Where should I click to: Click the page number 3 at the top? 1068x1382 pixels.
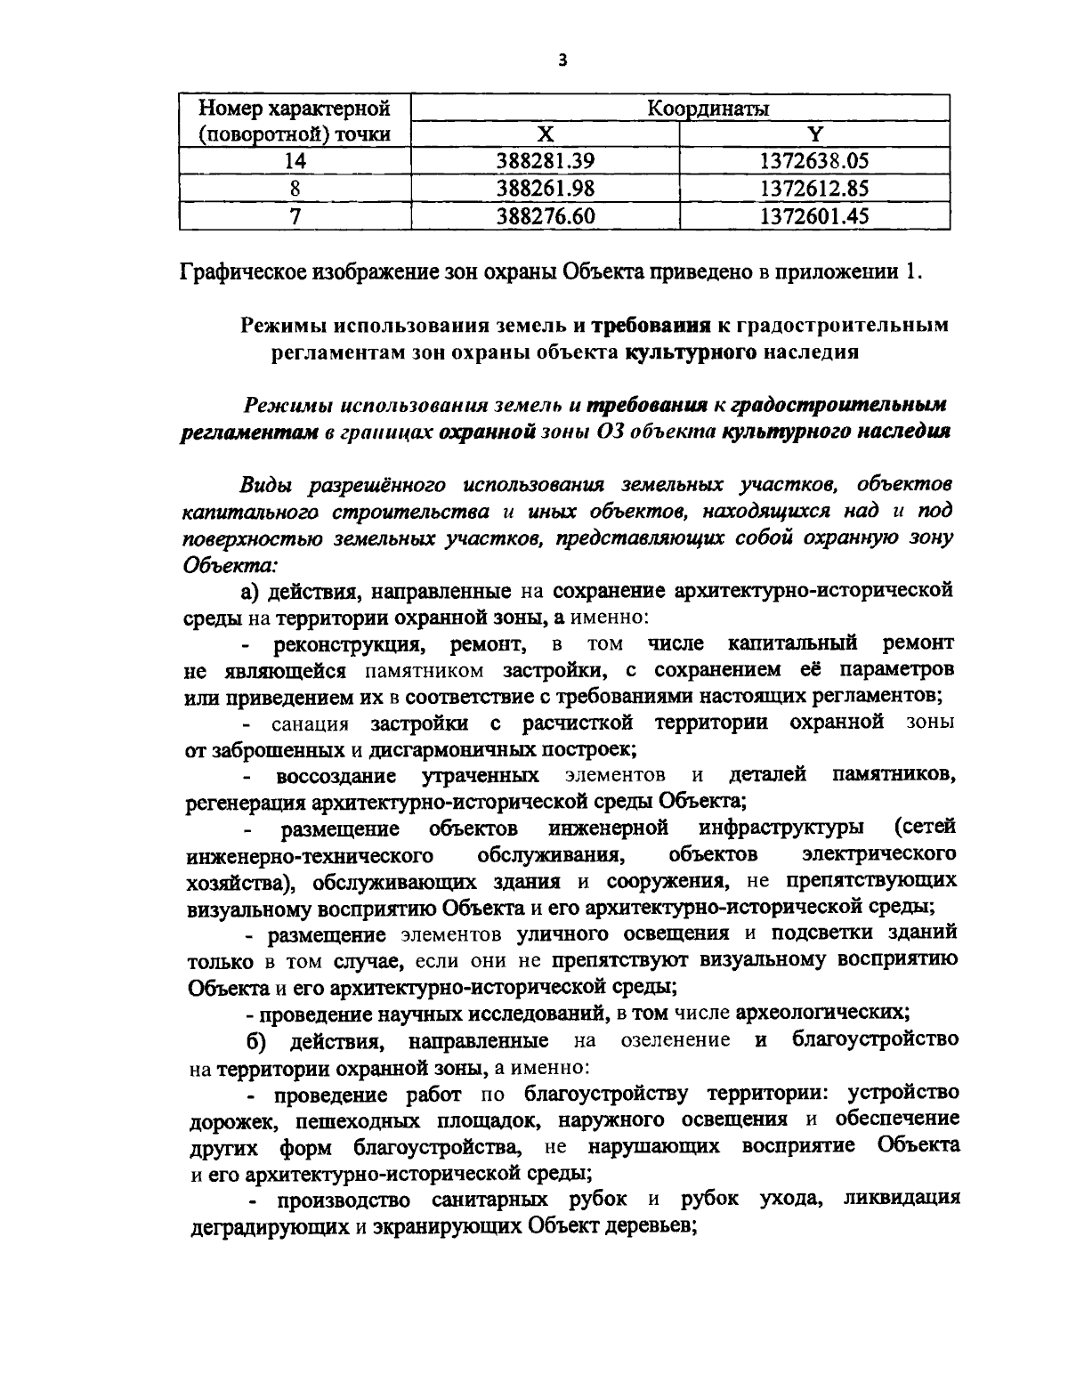(561, 61)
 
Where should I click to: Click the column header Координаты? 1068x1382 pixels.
(708, 109)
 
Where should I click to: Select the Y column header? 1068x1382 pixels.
(813, 134)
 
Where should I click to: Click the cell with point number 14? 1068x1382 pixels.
(295, 161)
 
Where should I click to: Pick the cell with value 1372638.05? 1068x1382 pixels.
(813, 161)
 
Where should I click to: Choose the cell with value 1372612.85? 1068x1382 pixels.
(813, 189)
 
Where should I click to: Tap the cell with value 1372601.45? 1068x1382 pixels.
(813, 216)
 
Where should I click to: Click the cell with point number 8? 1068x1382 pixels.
(295, 189)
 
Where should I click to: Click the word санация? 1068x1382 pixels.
(311, 722)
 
